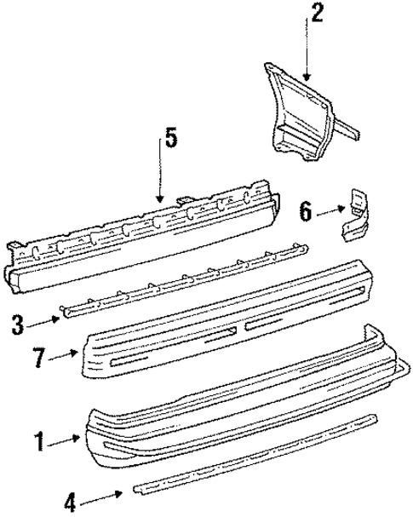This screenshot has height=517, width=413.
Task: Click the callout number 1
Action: coord(37,441)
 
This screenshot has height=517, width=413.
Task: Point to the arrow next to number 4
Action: coord(106,493)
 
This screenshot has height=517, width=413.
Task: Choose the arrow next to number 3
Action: coord(47,319)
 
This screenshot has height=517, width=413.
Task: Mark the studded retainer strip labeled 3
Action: coord(183,282)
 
